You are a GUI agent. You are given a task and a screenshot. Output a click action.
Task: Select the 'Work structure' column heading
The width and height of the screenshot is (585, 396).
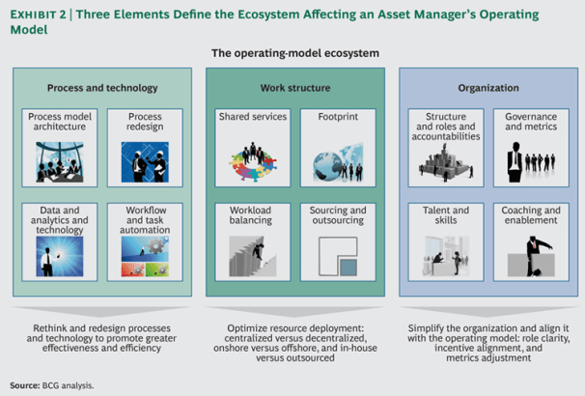[x=292, y=88]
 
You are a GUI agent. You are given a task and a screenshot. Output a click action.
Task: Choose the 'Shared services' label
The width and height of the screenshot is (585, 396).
[x=251, y=116]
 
